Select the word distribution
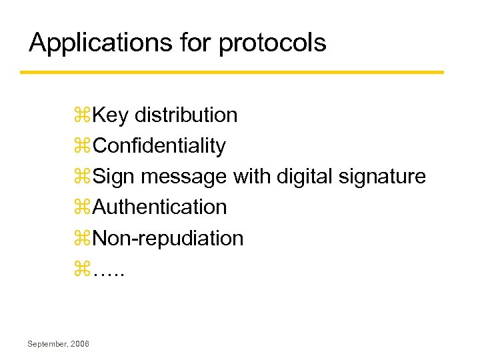[186, 115]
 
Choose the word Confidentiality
[159, 146]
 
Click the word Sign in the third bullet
[115, 177]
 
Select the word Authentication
[160, 207]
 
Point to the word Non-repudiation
[168, 238]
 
